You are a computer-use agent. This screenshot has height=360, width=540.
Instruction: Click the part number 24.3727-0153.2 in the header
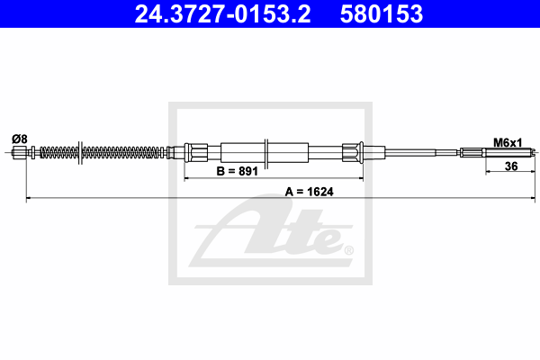tap(222, 14)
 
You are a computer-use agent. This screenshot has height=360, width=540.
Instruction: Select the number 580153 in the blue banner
tap(382, 14)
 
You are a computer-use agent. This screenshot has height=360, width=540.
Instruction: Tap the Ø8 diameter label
tap(19, 139)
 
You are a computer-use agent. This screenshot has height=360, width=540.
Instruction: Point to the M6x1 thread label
tap(508, 142)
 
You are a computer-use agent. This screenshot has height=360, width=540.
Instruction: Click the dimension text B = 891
tap(238, 171)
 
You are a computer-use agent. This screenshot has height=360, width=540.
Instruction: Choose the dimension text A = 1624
tap(310, 192)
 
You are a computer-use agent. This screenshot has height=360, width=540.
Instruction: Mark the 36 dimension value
tap(511, 166)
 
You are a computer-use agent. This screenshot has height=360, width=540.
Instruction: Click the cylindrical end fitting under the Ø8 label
tap(20, 152)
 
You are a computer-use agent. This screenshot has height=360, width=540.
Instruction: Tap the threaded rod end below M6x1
tap(509, 152)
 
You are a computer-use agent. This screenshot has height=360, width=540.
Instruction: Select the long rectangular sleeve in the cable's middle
tap(265, 152)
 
